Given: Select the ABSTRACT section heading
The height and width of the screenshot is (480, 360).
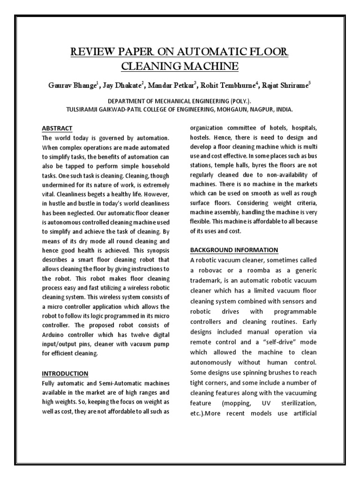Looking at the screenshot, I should pyautogui.click(x=57, y=128).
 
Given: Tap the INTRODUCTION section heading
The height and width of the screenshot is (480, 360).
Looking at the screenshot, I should pyautogui.click(x=65, y=374).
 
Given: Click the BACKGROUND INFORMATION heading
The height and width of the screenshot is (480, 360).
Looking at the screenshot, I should pyautogui.click(x=234, y=250).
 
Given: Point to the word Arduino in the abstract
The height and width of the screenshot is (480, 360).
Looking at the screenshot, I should pyautogui.click(x=56, y=334).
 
